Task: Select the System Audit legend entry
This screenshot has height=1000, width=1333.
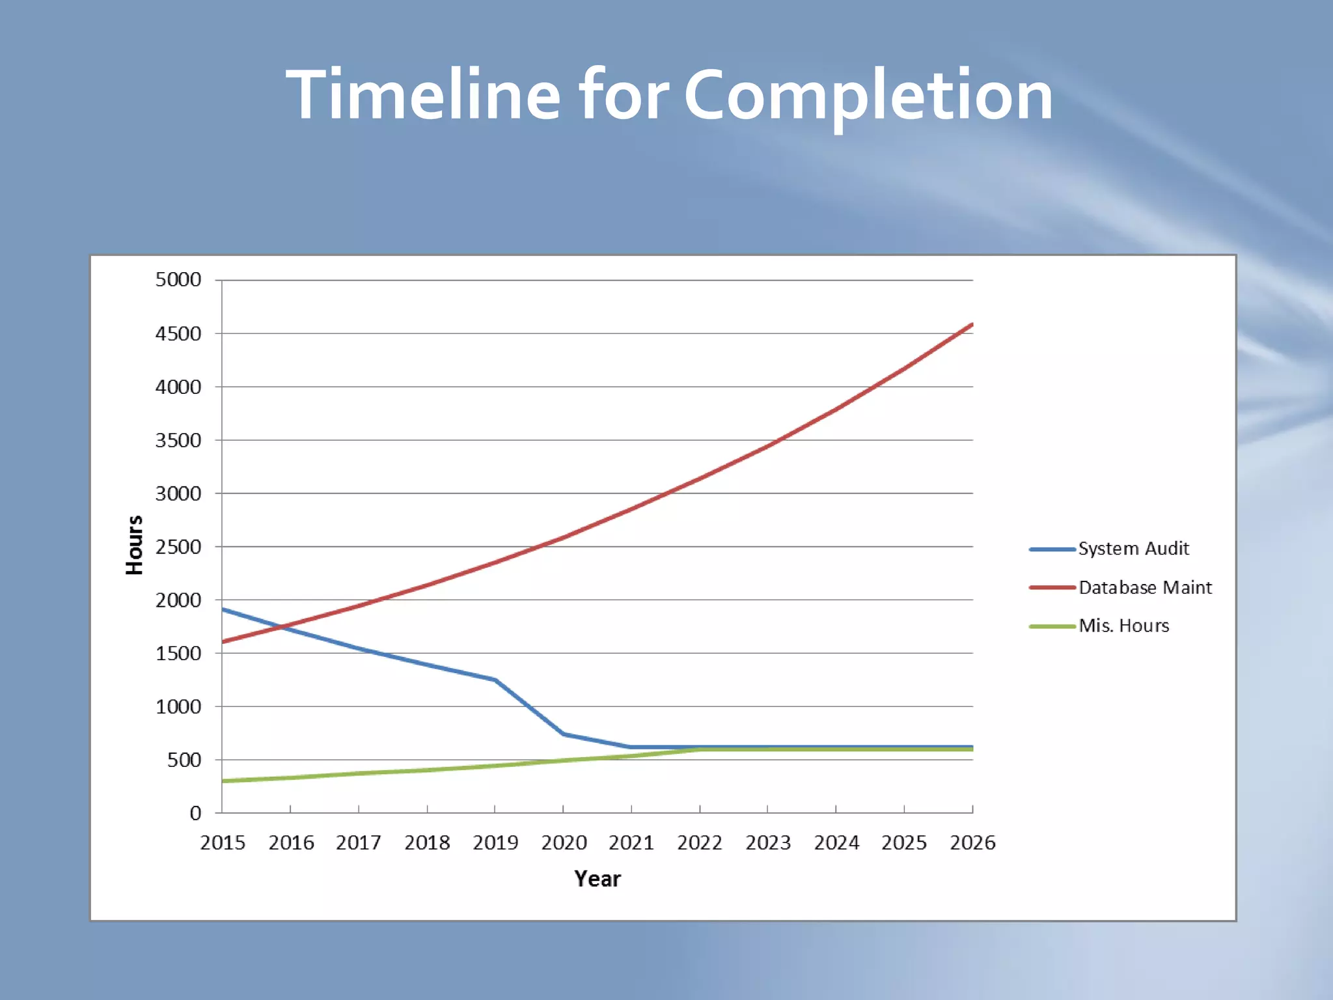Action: pyautogui.click(x=1133, y=549)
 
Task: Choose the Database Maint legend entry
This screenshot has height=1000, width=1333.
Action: pyautogui.click(x=1145, y=587)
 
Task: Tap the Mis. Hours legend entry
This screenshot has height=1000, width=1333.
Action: pyautogui.click(x=1123, y=626)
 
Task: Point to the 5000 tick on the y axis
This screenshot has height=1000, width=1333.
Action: pyautogui.click(x=178, y=280)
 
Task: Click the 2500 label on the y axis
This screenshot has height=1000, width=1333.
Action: pyautogui.click(x=178, y=547)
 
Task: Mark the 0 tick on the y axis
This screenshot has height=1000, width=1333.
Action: pyautogui.click(x=195, y=813)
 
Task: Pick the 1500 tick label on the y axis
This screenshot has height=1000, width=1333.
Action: pyautogui.click(x=178, y=654)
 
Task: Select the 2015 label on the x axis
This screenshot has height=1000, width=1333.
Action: pyautogui.click(x=223, y=843)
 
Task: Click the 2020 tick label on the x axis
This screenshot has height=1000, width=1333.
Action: pyautogui.click(x=564, y=843)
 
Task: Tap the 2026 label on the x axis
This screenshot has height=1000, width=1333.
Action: pyautogui.click(x=972, y=843)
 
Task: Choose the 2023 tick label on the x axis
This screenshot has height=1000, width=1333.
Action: pyautogui.click(x=768, y=843)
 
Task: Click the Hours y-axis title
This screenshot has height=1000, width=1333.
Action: pyautogui.click(x=134, y=546)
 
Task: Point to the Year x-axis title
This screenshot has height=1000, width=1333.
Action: pyautogui.click(x=598, y=879)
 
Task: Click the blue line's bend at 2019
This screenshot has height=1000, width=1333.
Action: pyautogui.click(x=495, y=680)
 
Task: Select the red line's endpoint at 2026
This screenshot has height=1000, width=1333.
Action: pyautogui.click(x=972, y=324)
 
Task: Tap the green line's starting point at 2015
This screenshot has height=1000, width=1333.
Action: pyautogui.click(x=223, y=781)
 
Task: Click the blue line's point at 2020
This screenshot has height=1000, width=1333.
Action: pyautogui.click(x=563, y=734)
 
